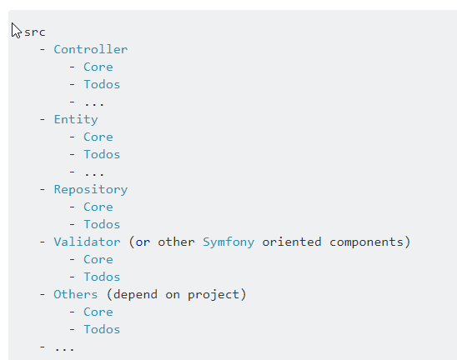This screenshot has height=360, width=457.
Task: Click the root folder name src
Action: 35,32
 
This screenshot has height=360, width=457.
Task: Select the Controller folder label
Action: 91,49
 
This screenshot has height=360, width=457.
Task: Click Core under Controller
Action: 98,67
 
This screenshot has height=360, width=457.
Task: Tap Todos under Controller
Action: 102,84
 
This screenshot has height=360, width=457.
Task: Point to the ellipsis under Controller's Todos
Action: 94,103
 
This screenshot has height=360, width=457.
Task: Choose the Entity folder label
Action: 76,120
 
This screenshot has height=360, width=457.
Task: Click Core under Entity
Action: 98,137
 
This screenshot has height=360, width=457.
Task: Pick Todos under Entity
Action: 102,154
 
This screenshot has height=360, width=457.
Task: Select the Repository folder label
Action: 91,190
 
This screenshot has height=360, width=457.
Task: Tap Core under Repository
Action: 98,207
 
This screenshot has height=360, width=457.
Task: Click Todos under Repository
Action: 102,224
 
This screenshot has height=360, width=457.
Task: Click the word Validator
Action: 87,242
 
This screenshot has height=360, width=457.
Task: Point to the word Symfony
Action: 228,242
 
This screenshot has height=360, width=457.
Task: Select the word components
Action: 366,242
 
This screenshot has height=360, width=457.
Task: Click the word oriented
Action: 291,242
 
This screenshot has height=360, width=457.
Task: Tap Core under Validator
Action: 98,259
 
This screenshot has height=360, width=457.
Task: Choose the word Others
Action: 76,294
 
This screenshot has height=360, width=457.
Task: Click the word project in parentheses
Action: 213,295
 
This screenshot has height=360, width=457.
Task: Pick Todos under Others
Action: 102,329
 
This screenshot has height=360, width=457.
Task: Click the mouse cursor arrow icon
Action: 16,30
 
